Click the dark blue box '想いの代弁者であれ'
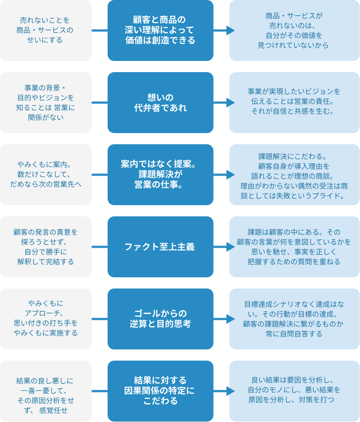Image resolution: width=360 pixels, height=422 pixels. point(160,103)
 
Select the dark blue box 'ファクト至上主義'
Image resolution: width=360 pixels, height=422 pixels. point(160,247)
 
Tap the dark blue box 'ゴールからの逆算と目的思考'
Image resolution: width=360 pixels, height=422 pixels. point(160,319)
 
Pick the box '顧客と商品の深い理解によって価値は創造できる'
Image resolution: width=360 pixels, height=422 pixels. point(160,30)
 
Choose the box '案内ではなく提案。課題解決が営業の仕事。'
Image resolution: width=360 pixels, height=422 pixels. point(160,175)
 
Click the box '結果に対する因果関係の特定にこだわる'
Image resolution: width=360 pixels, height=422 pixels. point(160,391)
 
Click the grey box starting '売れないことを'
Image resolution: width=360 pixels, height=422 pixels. point(46,30)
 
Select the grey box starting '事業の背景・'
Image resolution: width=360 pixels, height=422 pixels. point(46,103)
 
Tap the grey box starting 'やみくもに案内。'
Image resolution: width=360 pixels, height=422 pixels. point(46,175)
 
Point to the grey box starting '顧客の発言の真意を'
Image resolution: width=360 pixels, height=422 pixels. point(46,247)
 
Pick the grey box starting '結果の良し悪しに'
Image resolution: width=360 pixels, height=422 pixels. point(46,391)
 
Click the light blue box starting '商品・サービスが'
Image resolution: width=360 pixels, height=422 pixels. point(294,30)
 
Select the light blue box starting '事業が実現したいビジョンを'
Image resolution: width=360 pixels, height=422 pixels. point(294,103)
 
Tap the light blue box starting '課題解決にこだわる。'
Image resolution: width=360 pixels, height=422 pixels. point(294,175)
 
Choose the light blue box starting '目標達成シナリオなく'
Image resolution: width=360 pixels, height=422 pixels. point(294,319)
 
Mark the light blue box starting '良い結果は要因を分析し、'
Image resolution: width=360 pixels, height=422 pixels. point(294,391)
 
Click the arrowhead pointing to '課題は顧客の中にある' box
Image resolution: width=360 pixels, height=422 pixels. point(230,247)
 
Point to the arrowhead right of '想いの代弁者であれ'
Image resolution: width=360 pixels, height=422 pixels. point(230,103)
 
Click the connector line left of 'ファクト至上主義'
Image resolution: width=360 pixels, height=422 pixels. point(100,247)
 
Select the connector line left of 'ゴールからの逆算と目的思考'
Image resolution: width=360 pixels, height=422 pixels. point(100,319)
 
